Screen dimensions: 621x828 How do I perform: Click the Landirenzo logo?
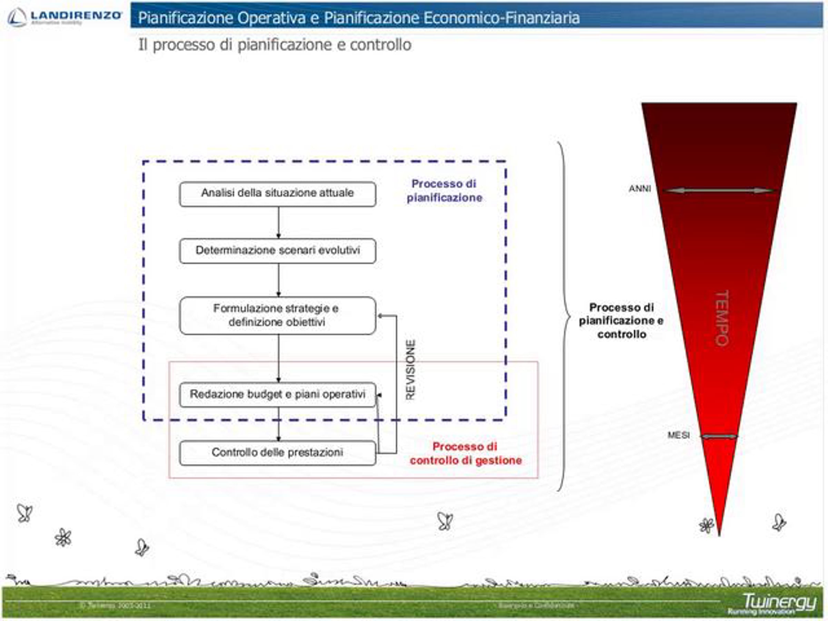65,17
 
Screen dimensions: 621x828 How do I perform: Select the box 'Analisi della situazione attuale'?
277,194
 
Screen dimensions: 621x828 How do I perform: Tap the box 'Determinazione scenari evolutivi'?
277,250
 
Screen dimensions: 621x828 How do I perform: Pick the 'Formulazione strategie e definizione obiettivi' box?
277,315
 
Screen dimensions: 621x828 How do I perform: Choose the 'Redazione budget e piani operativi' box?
277,394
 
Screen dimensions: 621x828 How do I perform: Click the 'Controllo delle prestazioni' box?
277,453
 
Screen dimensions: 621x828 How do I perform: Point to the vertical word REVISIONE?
411,369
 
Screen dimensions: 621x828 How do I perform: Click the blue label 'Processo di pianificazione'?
444,190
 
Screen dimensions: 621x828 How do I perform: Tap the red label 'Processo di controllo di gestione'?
465,453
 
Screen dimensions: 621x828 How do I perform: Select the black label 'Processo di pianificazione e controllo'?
621,321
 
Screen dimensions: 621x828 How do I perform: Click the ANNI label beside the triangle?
640,189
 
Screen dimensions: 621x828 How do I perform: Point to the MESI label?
678,435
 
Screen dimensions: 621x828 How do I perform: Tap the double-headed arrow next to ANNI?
718,190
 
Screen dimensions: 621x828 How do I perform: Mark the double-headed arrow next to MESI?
719,436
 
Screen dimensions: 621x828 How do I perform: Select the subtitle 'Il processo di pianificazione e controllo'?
275,45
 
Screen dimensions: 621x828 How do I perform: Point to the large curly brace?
564,316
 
